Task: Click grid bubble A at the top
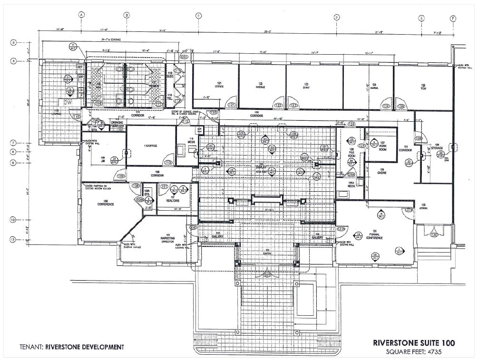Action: (81, 15)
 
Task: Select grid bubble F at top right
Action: (453, 18)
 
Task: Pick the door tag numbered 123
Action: (293, 105)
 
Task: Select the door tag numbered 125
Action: (401, 106)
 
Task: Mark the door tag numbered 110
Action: (167, 163)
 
